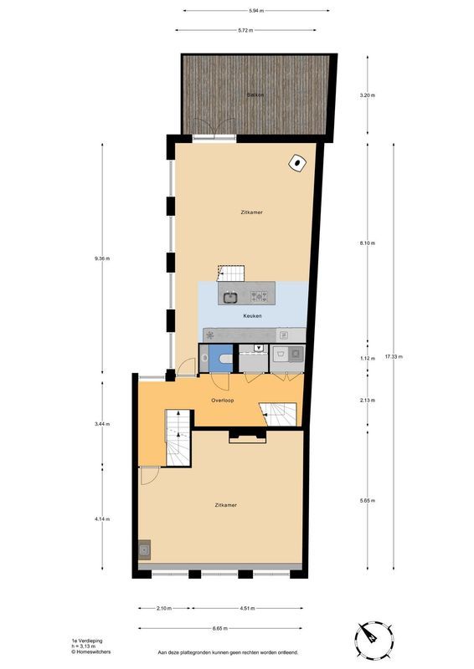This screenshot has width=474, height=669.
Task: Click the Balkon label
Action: [255, 95]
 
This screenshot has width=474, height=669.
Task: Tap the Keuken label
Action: [253, 317]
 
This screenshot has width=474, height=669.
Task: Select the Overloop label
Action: [222, 401]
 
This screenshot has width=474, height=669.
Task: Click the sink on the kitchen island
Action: [229, 296]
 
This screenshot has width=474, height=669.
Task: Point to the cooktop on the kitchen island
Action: [260, 295]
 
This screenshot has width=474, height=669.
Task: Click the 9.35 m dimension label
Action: [103, 258]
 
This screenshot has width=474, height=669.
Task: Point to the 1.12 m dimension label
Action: [367, 359]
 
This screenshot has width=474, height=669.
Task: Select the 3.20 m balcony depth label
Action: [367, 95]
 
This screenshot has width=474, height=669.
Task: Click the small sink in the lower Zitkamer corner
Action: [145, 549]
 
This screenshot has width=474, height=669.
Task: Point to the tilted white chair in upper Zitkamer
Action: [297, 164]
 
